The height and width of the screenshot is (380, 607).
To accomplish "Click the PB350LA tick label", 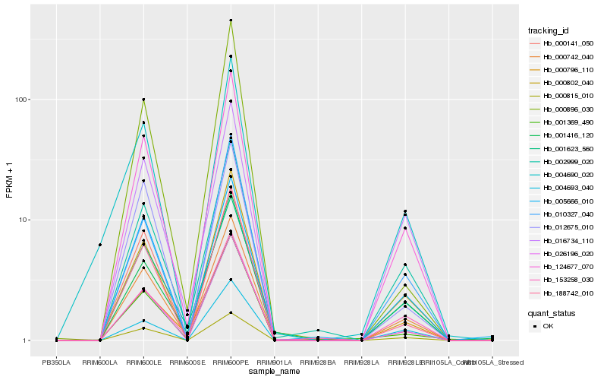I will (x=56, y=363).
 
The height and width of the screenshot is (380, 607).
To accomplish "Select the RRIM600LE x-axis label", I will (x=143, y=363).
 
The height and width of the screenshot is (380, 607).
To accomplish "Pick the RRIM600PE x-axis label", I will (x=231, y=363).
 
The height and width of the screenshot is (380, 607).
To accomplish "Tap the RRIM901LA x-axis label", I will (x=274, y=363).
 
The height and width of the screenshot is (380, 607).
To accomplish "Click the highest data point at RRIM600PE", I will (x=231, y=21).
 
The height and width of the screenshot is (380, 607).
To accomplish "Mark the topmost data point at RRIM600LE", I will (x=143, y=100).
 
